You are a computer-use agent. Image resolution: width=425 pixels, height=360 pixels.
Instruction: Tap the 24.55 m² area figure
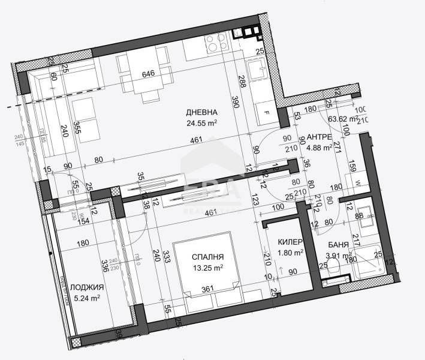click(x=201, y=124)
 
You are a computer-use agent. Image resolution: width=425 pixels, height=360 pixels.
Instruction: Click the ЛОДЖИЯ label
click(x=83, y=286)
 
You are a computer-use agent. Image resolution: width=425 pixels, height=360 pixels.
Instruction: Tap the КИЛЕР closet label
click(x=290, y=242)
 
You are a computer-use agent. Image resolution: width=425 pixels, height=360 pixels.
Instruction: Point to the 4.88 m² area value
click(x=319, y=150)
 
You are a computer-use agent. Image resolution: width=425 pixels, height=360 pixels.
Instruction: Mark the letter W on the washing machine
click(x=357, y=184)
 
